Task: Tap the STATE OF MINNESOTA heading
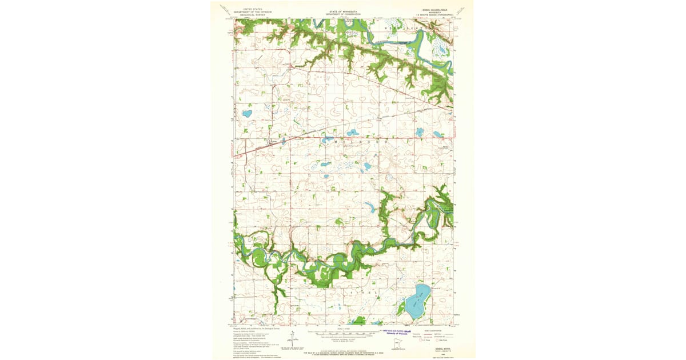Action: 344,11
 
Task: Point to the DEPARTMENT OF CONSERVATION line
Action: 344,14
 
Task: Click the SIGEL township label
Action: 360,293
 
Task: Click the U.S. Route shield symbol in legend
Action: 421,341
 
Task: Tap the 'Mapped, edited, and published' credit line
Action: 257,329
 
